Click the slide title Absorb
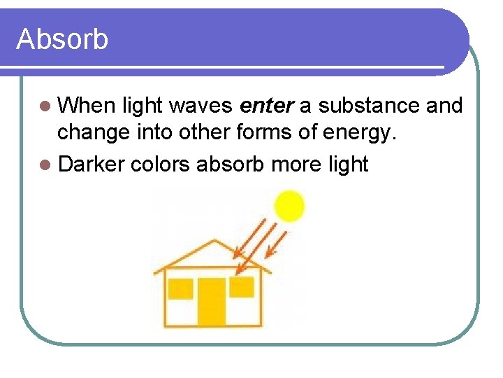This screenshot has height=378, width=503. pos(62,39)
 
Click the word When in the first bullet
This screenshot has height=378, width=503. pos(87,106)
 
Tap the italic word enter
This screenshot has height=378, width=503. pos(268,106)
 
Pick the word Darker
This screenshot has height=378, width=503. pos(91,164)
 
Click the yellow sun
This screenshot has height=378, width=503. pos(289,206)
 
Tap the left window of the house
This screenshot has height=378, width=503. pos(180,288)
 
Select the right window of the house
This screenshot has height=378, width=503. pos(242,286)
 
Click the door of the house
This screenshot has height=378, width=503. pos(211,301)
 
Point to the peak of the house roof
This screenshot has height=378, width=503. pos(214,242)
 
